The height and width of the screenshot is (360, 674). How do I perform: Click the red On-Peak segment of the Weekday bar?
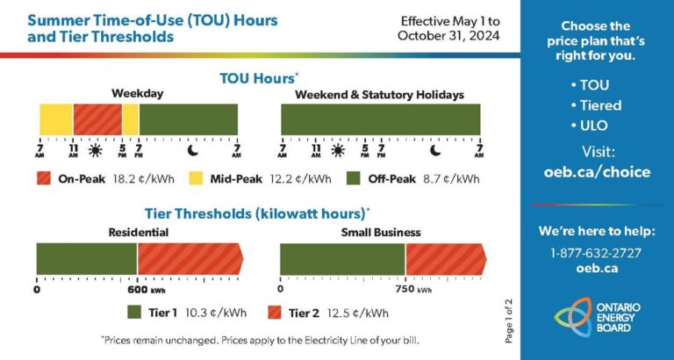(x=97, y=119)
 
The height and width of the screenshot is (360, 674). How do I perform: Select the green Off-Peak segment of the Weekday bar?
(x=188, y=119)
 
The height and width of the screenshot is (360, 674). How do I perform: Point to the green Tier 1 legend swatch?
(x=134, y=313)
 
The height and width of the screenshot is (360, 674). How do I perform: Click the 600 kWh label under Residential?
(x=140, y=289)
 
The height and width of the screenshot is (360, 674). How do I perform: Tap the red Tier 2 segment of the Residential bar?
(x=189, y=259)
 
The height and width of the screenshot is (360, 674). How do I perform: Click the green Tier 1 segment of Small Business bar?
(x=342, y=259)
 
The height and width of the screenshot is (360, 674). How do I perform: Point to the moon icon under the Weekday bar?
(x=193, y=150)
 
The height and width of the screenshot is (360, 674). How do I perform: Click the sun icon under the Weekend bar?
(x=337, y=150)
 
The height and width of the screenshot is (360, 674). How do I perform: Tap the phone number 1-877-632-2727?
(x=596, y=253)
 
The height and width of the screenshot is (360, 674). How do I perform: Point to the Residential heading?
(x=138, y=233)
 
